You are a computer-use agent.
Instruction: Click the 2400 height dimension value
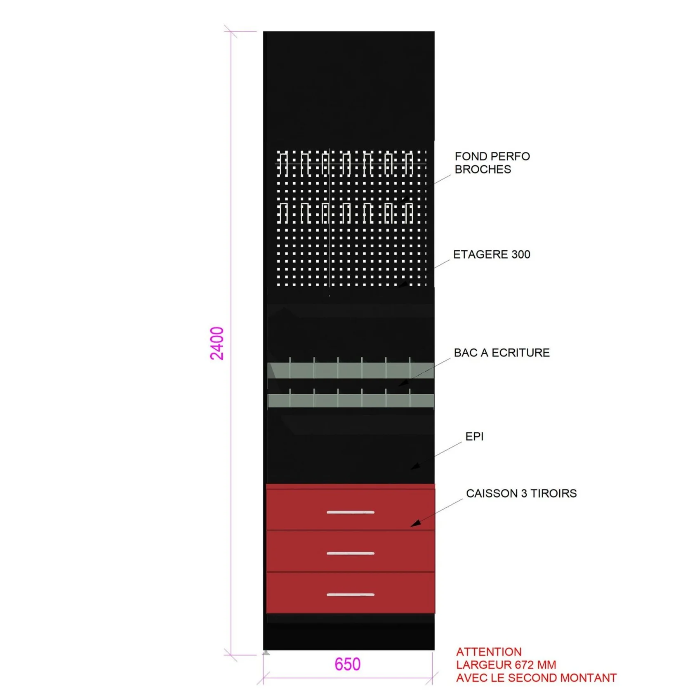pyautogui.click(x=217, y=343)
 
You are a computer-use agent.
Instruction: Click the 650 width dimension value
pyautogui.click(x=347, y=664)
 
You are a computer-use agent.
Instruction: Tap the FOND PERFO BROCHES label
pyautogui.click(x=492, y=163)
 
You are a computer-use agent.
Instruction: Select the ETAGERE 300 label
pyautogui.click(x=492, y=254)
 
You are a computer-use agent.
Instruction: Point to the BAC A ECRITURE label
pyautogui.click(x=502, y=353)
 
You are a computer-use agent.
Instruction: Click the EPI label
pyautogui.click(x=474, y=436)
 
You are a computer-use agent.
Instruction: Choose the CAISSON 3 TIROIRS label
pyautogui.click(x=521, y=493)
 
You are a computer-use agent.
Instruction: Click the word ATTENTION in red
pyautogui.click(x=489, y=652)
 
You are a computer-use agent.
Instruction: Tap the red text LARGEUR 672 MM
pyautogui.click(x=506, y=665)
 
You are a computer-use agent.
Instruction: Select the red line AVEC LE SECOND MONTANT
pyautogui.click(x=536, y=678)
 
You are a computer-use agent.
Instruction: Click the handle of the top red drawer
pyautogui.click(x=351, y=512)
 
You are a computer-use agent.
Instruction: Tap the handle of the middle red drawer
pyautogui.click(x=351, y=553)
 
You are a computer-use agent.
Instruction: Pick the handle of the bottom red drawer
pyautogui.click(x=351, y=594)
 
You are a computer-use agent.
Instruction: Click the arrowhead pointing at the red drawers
pyautogui.click(x=415, y=524)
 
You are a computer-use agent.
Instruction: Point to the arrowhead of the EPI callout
pyautogui.click(x=415, y=466)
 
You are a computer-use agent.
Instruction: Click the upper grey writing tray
pyautogui.click(x=351, y=370)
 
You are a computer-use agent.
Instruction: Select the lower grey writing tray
pyautogui.click(x=351, y=400)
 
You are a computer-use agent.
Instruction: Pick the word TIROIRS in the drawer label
pyautogui.click(x=553, y=493)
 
